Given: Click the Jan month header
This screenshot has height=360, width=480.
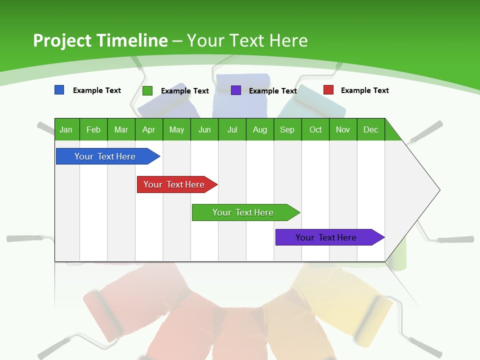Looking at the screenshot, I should tap(66, 129).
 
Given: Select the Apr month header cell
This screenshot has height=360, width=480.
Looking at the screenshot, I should tap(149, 129).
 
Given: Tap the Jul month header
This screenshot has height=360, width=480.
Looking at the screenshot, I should tap(232, 129).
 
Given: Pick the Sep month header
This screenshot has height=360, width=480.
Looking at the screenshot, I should tap(287, 129).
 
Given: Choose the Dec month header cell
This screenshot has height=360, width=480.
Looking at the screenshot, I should tap(370, 129).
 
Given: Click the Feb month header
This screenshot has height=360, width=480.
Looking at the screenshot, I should tap(93, 129).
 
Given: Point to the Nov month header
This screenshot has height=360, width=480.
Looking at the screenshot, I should tap(343, 129).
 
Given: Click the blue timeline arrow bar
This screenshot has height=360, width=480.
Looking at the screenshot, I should tap(105, 156).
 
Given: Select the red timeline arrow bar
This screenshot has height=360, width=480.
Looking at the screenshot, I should tap(174, 184).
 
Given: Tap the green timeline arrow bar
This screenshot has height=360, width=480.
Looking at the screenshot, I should tap(243, 212).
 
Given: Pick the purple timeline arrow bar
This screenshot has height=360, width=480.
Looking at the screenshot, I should tap(327, 237).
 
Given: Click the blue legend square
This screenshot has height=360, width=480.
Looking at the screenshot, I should tap(59, 90).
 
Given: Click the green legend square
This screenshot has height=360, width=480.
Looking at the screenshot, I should tap(147, 90).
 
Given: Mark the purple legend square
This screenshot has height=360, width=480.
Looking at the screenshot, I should tap(236, 90).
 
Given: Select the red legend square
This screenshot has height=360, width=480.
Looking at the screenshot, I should tap(328, 90).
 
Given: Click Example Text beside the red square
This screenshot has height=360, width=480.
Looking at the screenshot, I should tap(364, 90).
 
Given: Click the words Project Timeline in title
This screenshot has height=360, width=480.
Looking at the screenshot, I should tap(100, 40).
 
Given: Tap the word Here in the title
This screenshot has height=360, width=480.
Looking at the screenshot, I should tap(288, 40).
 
